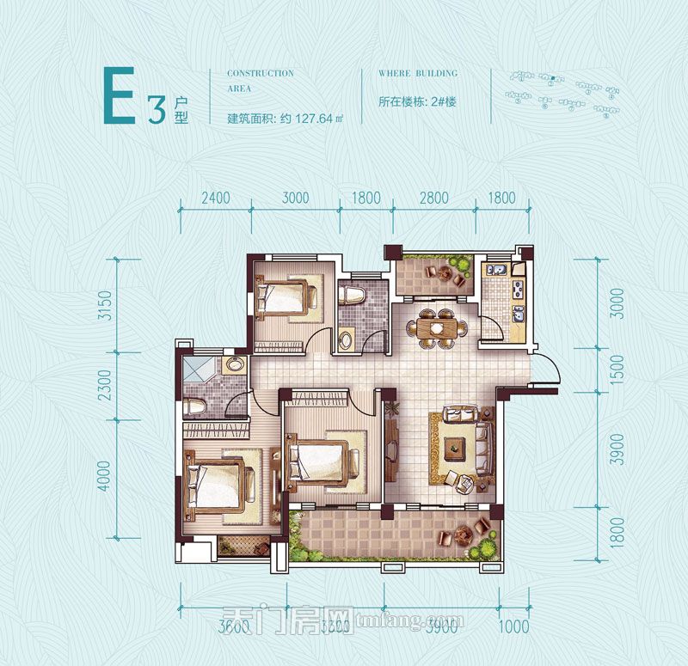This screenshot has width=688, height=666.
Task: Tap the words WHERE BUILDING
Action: tap(418, 74)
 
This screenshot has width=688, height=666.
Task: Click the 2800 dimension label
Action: tap(434, 198)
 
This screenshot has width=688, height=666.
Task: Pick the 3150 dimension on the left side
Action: tap(106, 306)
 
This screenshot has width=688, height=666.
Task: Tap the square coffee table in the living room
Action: tap(454, 447)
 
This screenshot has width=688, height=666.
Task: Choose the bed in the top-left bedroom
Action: tap(285, 297)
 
